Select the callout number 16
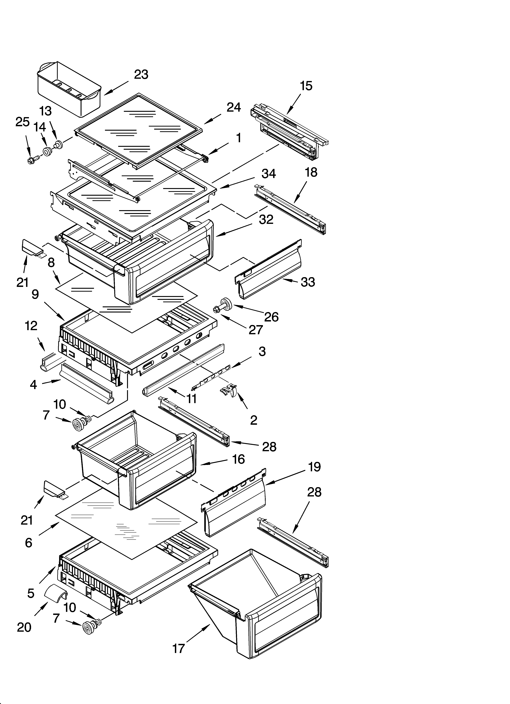pos(238,459)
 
